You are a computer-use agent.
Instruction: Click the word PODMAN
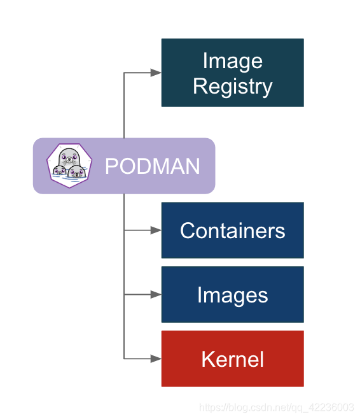pos(152,166)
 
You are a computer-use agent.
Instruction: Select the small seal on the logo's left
pos(59,172)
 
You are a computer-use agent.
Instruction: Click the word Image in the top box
pos(232,61)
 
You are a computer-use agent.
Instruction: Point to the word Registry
pos(232,87)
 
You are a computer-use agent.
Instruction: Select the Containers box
pos(232,230)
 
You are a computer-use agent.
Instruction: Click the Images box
pos(232,294)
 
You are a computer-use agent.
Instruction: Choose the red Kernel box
pos(232,359)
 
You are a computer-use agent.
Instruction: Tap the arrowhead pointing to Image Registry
pos(156,73)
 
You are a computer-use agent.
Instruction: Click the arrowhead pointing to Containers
pos(156,230)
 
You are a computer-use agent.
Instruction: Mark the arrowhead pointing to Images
pos(156,294)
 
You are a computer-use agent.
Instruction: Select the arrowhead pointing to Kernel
pos(156,359)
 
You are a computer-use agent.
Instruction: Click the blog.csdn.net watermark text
pos(277,408)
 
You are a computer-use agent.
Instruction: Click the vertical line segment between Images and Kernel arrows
pos(124,326)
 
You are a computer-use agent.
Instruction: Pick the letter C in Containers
pos(187,231)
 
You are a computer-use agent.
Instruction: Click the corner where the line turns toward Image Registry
pos(124,73)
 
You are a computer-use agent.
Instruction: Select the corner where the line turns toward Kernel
pos(124,359)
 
